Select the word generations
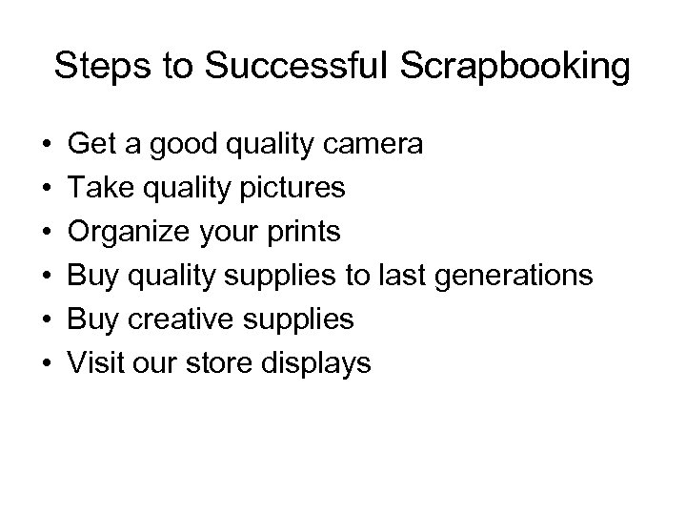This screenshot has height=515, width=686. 514,276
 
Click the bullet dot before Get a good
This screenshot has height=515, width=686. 47,145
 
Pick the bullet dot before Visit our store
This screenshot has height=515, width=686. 47,362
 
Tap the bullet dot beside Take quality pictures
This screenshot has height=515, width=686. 47,189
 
